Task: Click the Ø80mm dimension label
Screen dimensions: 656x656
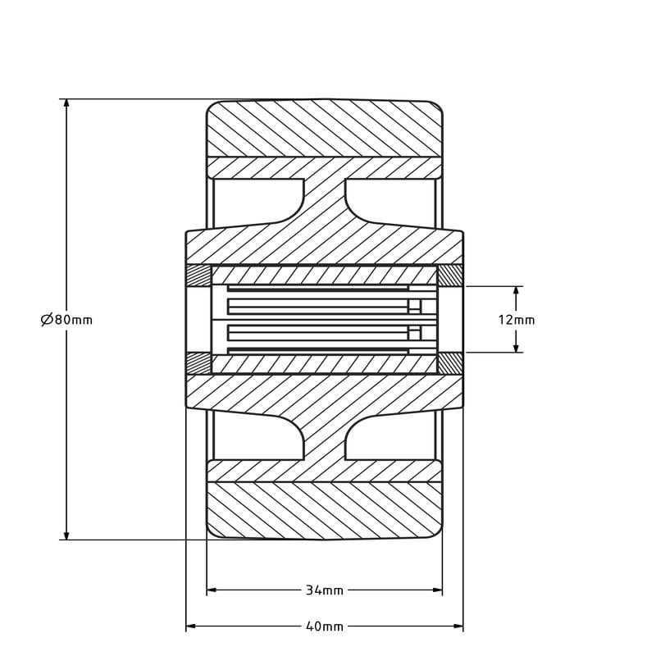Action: [x=67, y=320]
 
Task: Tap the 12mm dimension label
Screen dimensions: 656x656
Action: [x=517, y=320]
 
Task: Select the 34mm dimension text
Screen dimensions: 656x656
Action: [x=325, y=590]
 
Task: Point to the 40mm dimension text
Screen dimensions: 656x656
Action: [x=325, y=627]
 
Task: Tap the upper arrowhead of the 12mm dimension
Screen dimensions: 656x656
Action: [x=517, y=292]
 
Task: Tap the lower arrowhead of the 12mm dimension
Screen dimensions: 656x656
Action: [x=517, y=347]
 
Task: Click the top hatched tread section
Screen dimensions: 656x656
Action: [x=324, y=128]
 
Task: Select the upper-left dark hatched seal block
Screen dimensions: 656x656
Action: [x=198, y=276]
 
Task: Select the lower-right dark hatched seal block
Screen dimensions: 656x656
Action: [x=450, y=363]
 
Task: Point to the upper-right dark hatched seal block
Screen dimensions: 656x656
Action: [x=450, y=276]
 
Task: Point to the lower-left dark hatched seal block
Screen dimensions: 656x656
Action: [x=198, y=363]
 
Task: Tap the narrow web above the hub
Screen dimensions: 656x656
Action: [x=324, y=197]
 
